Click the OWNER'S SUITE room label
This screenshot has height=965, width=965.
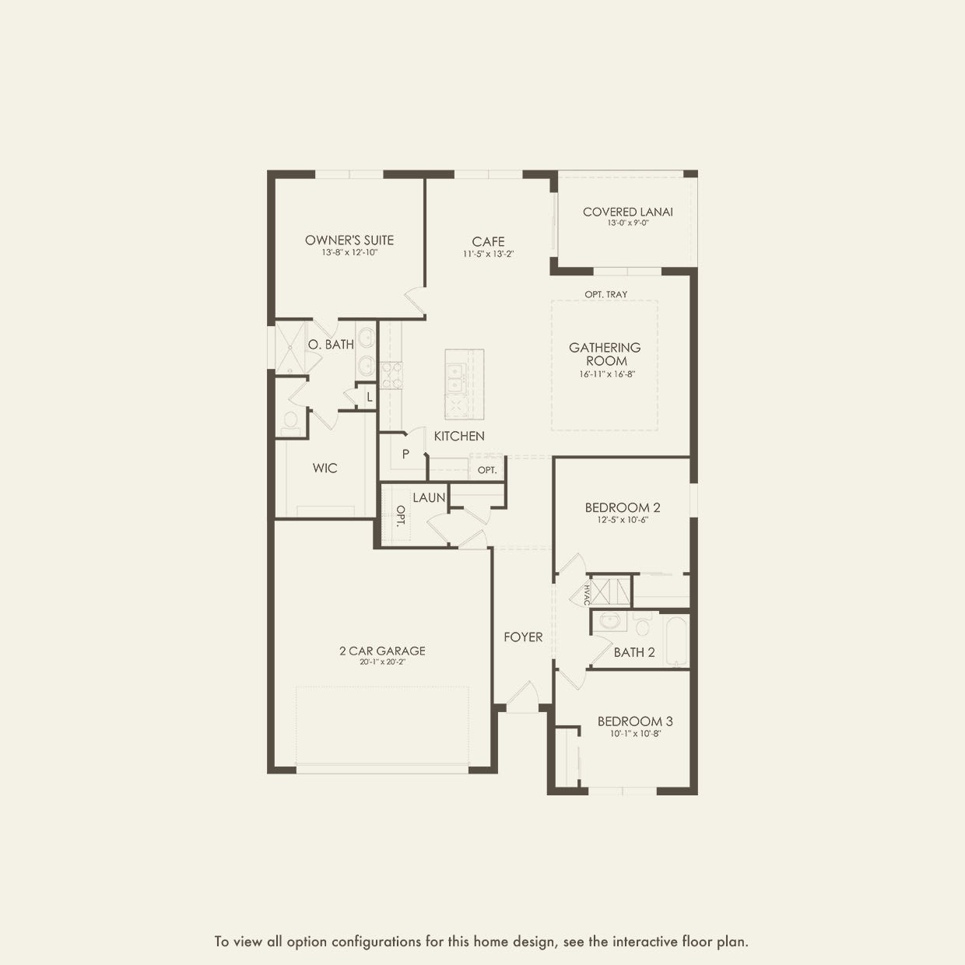(349, 240)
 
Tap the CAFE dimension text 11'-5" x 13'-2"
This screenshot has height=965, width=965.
(488, 254)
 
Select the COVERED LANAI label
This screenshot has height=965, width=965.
(627, 212)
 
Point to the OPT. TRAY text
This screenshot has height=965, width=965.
(605, 294)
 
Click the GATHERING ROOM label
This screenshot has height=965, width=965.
(605, 354)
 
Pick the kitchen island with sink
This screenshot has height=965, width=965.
(464, 384)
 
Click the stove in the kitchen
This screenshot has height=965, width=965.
(391, 374)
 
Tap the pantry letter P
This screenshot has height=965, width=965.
(405, 454)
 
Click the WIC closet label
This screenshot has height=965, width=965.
(325, 468)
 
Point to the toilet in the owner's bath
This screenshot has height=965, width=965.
(290, 421)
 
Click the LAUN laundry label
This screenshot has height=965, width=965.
(429, 497)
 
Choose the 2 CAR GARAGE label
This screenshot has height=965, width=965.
(382, 651)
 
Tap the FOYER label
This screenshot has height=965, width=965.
(523, 637)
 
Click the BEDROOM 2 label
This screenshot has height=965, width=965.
(623, 507)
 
